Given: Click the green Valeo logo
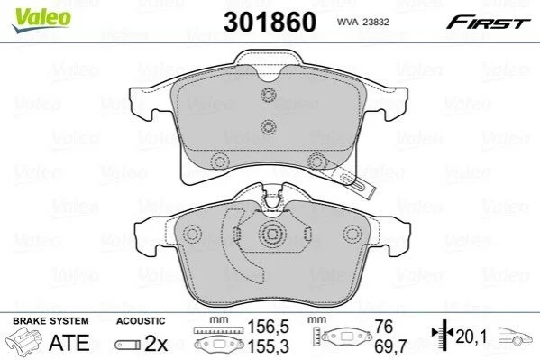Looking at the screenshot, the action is (x=41, y=20).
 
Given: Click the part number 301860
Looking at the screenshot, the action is (x=270, y=22).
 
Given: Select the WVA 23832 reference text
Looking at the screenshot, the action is (x=362, y=22).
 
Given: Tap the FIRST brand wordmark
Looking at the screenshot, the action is (x=489, y=23).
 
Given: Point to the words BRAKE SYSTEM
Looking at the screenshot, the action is (x=50, y=321).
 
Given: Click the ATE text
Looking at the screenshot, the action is (x=69, y=343).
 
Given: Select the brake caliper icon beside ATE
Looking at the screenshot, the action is (x=25, y=341).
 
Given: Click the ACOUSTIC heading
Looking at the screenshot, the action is (x=141, y=321).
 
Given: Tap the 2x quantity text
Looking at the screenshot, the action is (x=156, y=343).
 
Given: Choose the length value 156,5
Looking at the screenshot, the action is (x=269, y=327).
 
